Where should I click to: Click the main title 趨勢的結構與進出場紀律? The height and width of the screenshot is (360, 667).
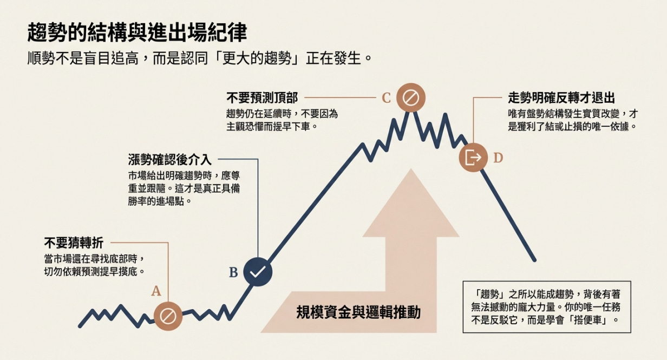tap(136, 33)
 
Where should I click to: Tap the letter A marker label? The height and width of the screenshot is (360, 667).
tap(156, 291)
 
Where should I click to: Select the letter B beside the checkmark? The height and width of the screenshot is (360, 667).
tap(233, 272)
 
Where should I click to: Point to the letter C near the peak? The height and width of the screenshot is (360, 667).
tap(386, 98)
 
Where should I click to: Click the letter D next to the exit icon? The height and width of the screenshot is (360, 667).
tap(498, 158)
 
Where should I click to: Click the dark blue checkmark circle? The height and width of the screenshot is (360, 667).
tap(258, 272)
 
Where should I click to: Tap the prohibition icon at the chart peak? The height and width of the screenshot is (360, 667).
tap(410, 97)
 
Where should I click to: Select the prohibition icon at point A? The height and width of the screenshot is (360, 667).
tap(168, 316)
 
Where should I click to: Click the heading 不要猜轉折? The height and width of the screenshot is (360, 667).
tap(73, 243)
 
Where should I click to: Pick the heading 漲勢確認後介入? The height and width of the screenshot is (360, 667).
tap(169, 160)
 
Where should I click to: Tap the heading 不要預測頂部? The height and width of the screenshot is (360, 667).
tap(262, 98)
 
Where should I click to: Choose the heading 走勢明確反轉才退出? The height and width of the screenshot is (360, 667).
tap(561, 98)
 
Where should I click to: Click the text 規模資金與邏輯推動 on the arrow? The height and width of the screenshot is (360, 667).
tap(358, 312)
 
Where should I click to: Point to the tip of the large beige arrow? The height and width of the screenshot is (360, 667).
tap(411, 171)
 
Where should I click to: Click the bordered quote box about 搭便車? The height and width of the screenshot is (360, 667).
tap(547, 306)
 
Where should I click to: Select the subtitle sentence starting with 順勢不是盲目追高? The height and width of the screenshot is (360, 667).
tap(200, 57)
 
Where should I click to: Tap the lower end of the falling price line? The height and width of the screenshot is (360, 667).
tap(534, 260)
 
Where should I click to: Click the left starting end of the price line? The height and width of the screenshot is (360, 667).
tap(80, 326)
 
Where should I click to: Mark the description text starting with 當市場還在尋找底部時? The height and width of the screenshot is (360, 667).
tap(95, 265)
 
